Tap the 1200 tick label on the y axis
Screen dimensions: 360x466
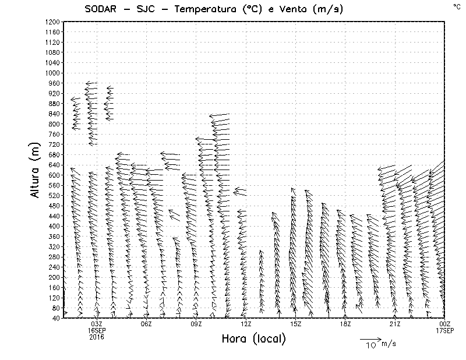point(52,22)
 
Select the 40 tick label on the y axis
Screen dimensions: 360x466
point(55,318)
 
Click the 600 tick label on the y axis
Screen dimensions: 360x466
point(54,175)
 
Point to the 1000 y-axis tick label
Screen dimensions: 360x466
point(52,73)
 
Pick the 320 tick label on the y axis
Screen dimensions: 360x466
point(54,246)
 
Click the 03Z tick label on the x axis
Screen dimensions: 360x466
point(97,324)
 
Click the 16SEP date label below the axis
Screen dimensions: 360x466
point(97,330)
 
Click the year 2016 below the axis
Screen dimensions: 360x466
point(97,337)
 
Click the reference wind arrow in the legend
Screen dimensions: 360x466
point(370,338)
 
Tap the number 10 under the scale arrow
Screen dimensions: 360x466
point(370,346)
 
